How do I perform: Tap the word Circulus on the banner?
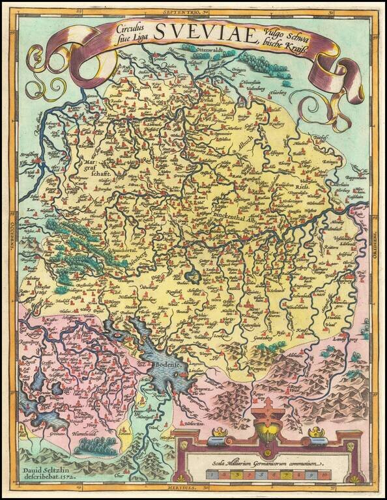(x=130, y=29)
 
